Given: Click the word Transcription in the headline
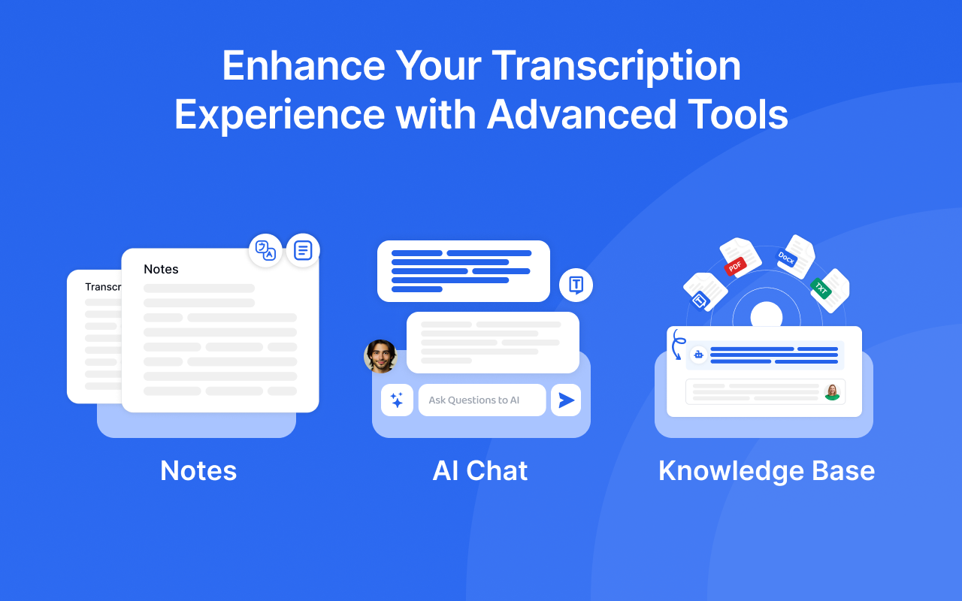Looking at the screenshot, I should (616, 67).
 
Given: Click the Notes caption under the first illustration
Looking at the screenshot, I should (198, 471).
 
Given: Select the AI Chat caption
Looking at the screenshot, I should (480, 471).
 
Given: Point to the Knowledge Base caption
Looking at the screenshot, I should (767, 471).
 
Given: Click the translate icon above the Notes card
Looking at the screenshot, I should (265, 251).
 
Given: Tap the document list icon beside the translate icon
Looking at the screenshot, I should (303, 250).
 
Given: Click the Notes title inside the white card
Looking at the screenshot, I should (161, 269).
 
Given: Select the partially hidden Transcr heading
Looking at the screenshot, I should (103, 287).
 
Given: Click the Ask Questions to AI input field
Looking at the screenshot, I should (482, 400).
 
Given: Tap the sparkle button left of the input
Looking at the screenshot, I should (397, 400).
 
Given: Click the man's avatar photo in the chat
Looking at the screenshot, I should (380, 356).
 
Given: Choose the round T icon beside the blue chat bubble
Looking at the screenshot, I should (576, 285).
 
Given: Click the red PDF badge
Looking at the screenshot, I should (734, 266).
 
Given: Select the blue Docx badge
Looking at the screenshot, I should (786, 258).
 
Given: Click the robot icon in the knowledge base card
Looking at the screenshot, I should (698, 355).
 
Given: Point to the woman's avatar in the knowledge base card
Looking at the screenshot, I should (832, 391).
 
